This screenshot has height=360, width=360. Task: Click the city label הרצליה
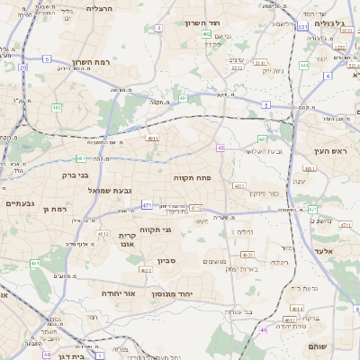point(100,7)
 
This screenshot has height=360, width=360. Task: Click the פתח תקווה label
point(192,178)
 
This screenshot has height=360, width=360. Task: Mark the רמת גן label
point(56,209)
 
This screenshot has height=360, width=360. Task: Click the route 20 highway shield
point(22,67)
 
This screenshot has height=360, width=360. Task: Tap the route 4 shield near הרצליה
point(159,29)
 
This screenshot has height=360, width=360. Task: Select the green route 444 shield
point(304,65)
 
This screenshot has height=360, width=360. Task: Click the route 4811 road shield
point(153,139)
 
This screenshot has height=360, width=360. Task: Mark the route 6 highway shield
point(328,76)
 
